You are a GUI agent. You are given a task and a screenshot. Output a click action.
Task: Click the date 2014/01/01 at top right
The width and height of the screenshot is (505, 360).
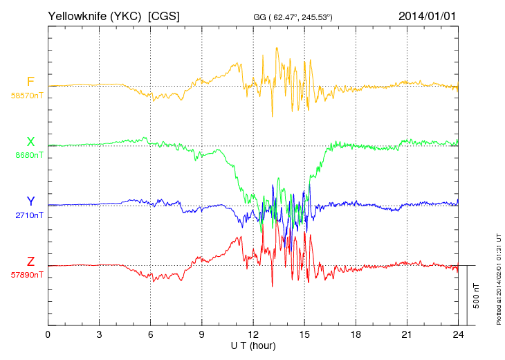(x=428, y=15)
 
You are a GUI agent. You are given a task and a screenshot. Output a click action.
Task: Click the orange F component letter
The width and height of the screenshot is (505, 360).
(x=30, y=82)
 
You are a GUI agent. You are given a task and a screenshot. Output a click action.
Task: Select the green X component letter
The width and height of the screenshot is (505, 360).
(x=30, y=142)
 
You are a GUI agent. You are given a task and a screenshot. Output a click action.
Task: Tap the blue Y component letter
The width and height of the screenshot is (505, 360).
(x=30, y=201)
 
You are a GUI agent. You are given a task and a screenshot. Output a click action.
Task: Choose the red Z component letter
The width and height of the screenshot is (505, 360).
(x=30, y=261)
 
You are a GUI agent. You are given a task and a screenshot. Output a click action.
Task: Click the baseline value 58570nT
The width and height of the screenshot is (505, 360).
(x=27, y=95)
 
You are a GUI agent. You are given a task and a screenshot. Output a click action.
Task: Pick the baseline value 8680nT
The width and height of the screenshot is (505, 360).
(x=29, y=155)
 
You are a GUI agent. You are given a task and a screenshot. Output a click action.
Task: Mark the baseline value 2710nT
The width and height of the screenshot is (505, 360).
(x=29, y=215)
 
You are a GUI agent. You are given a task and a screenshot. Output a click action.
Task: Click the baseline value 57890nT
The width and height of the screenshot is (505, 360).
(x=27, y=275)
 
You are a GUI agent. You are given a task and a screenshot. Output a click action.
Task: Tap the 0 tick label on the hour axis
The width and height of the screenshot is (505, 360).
(x=48, y=334)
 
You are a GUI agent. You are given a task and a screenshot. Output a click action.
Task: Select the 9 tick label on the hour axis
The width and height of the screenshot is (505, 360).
(x=202, y=334)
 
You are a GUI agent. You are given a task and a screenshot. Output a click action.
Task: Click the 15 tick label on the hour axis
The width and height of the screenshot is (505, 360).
(x=304, y=334)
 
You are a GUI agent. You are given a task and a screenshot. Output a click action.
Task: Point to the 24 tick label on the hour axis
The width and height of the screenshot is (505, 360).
(x=458, y=334)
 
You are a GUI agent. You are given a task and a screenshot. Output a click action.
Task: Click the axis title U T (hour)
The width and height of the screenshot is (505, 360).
(x=253, y=345)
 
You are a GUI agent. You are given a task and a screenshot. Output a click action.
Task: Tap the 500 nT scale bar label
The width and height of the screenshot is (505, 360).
(x=477, y=296)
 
